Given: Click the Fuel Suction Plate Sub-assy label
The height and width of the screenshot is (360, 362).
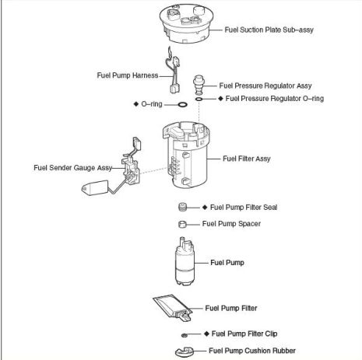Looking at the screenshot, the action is pos(269,30).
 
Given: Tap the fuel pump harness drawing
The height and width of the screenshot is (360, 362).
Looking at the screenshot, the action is pos(174,72).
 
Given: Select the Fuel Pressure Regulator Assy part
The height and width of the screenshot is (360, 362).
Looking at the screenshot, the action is pos(199,85).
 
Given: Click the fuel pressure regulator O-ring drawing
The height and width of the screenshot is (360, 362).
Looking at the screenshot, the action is pos(199,99).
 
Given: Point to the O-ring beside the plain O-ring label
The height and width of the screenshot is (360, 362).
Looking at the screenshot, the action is pos(182,105).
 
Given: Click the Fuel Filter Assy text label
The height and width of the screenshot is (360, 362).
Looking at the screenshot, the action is pos(247,159).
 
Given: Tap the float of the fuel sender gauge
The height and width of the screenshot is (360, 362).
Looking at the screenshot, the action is pos(95,187).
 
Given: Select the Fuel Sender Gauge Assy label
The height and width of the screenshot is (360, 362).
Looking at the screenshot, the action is pos(72,168).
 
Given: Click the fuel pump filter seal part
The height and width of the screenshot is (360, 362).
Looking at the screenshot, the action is pos(183,207).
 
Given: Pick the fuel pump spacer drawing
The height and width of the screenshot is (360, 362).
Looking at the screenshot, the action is pos(182,224).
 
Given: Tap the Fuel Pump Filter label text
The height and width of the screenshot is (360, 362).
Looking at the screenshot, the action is pos(231,308).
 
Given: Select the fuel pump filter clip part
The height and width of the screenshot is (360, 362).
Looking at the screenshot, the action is pos(185,335).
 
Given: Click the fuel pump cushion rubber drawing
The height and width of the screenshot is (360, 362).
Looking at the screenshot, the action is pos(185,351).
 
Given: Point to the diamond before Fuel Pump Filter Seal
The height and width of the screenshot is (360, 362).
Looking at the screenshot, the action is pos(205,208).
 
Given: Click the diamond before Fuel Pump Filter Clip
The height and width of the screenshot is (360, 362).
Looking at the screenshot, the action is pos(206,334).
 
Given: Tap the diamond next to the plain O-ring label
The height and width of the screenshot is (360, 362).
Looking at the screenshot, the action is pos(136,104).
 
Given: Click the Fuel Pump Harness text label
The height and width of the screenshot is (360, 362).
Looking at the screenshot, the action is pos(128,75).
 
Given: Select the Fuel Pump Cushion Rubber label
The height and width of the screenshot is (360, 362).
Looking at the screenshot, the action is pos(252,351).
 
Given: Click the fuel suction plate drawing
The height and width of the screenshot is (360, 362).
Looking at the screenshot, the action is pos(187,23).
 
